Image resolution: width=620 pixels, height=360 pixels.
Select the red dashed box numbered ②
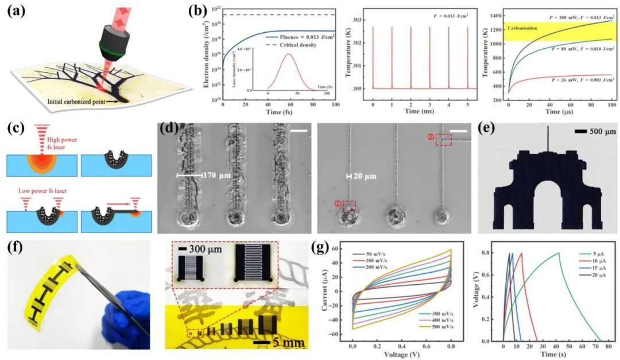443,139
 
